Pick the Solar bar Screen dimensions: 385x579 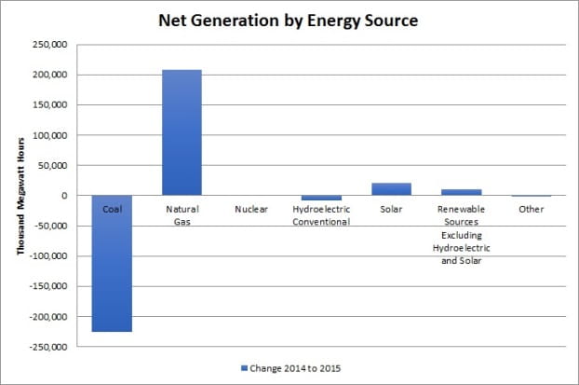tap(391, 189)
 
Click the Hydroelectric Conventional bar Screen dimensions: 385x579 tap(321, 198)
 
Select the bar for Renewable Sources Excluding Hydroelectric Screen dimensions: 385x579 tap(461, 192)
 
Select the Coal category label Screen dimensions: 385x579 tap(112, 210)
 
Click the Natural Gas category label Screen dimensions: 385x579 tap(182, 215)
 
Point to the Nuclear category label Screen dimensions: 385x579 tap(251, 210)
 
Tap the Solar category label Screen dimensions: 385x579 tap(391, 210)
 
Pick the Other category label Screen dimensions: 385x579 tap(531, 210)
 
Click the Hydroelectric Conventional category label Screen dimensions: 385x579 tap(321, 215)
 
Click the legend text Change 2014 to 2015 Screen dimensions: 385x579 tap(298, 367)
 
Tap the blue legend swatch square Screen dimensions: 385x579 tap(245, 367)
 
